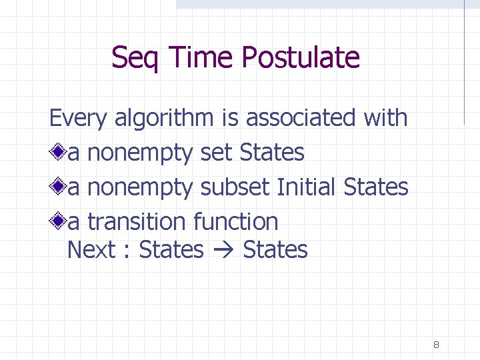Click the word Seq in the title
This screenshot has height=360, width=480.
coord(137,58)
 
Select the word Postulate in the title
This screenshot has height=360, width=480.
coord(301,58)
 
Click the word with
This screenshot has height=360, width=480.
coord(385,118)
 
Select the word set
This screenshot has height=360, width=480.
coord(216,153)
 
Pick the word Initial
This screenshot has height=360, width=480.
coord(307,187)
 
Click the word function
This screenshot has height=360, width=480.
coord(235,221)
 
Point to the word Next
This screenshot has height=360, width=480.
coord(92,250)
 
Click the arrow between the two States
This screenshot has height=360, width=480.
coord(223,251)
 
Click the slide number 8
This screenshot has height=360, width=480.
coord(436,345)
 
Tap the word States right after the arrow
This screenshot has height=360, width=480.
coord(275,250)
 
